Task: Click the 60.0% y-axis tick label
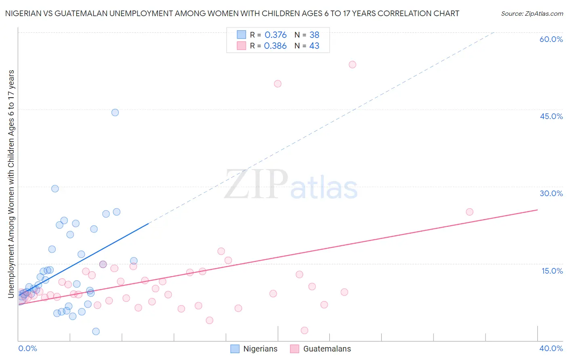(x=551, y=39)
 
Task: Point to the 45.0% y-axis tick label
(x=551, y=116)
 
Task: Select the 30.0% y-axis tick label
(x=551, y=193)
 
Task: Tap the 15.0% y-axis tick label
(x=552, y=271)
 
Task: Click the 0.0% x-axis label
(x=27, y=348)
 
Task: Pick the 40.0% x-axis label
(x=551, y=348)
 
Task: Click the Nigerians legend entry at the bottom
(x=254, y=349)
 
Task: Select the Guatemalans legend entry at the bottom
(x=321, y=349)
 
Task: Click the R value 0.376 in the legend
(x=276, y=35)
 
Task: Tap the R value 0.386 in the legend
(x=275, y=46)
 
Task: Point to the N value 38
(x=314, y=35)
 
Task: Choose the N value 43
(x=314, y=46)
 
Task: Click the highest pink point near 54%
(x=352, y=65)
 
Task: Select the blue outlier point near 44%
(x=115, y=113)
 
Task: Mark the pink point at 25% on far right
(x=469, y=212)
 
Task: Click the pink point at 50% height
(x=278, y=84)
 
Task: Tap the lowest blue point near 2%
(x=96, y=331)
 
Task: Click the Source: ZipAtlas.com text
(x=532, y=14)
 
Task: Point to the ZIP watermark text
(x=256, y=185)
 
